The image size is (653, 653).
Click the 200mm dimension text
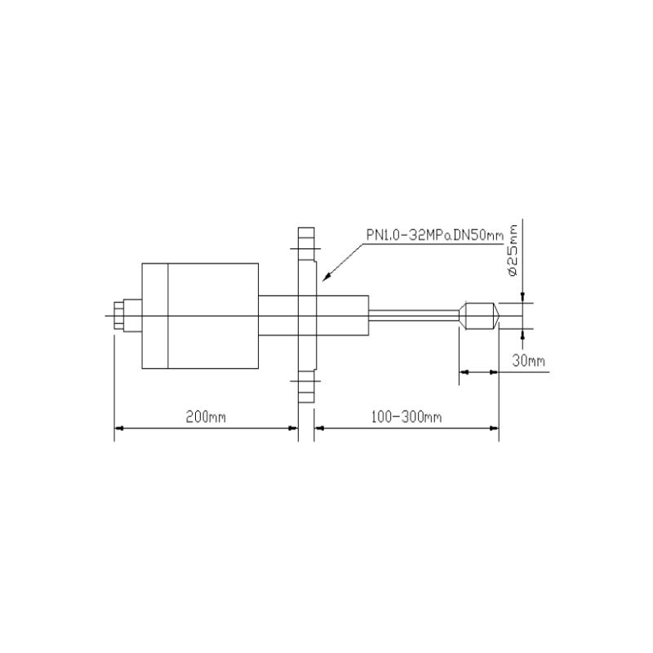click(205, 416)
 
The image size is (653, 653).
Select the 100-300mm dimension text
click(406, 416)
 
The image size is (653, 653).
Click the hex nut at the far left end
click(121, 316)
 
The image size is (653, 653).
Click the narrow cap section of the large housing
click(154, 316)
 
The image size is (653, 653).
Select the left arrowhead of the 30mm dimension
click(463, 372)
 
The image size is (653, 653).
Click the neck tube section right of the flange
click(343, 316)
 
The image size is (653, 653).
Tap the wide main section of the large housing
click(213, 316)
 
